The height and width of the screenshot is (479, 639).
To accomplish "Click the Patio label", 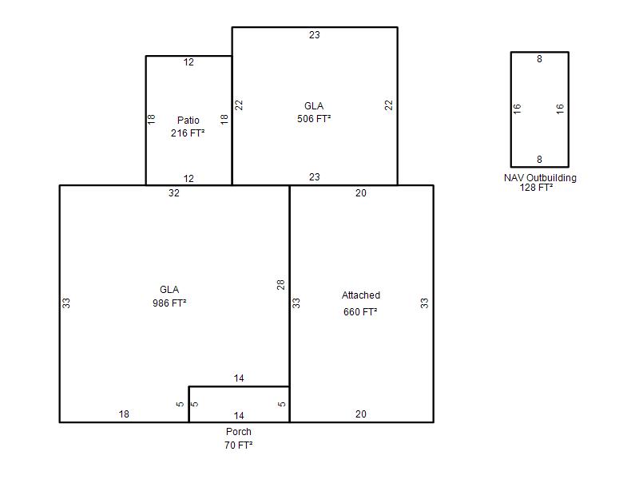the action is (189, 121).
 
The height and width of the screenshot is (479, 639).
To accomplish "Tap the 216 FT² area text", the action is (188, 133).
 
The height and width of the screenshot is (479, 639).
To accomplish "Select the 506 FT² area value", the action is (314, 118).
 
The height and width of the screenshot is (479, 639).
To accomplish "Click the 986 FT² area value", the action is (169, 303).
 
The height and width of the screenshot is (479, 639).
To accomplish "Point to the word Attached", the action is (361, 295).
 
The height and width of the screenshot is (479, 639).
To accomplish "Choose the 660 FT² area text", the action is (360, 312).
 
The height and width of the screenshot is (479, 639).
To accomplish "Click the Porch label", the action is (239, 432).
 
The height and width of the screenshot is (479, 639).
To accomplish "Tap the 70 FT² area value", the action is (238, 445).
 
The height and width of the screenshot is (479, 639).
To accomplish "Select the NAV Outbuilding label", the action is (541, 178).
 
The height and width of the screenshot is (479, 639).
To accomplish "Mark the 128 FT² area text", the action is (536, 188).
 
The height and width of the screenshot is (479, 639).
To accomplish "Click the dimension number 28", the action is (281, 285).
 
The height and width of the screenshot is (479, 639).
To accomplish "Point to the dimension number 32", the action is (174, 193).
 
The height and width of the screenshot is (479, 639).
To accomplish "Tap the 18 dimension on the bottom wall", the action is (124, 414).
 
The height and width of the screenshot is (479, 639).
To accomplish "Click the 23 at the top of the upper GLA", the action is (315, 35).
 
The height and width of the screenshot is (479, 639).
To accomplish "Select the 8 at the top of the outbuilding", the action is (540, 59).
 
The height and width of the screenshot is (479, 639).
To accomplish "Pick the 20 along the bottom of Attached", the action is (361, 414).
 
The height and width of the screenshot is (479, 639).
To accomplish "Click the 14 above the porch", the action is (239, 378).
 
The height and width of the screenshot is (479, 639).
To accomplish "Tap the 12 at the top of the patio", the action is (189, 62).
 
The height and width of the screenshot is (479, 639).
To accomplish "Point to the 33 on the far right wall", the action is (425, 303).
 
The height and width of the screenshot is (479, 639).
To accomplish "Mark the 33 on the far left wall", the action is (66, 303).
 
